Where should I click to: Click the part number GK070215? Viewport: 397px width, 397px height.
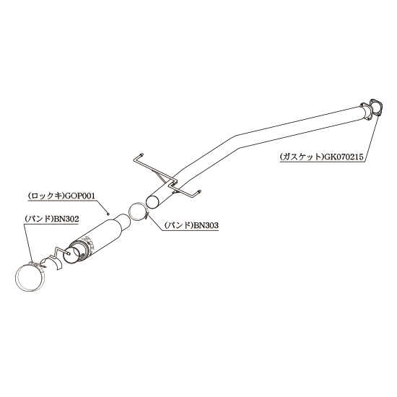pyautogui.click(x=344, y=157)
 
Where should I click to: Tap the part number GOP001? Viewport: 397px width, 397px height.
pyautogui.click(x=80, y=196)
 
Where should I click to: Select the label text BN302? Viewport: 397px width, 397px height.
pyautogui.click(x=66, y=219)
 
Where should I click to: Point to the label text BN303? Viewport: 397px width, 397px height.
pyautogui.click(x=206, y=225)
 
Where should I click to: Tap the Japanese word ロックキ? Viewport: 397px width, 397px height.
pyautogui.click(x=46, y=196)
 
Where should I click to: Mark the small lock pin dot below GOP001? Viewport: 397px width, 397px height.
pyautogui.click(x=108, y=214)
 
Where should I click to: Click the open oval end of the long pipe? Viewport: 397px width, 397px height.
pyautogui.click(x=153, y=202)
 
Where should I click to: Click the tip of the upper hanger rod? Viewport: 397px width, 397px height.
pyautogui.click(x=141, y=154)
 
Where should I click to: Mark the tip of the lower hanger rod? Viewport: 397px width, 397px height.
pyautogui.click(x=199, y=191)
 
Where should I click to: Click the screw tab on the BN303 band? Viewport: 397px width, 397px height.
pyautogui.click(x=147, y=217)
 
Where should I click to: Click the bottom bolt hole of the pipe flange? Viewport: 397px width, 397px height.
pyautogui.click(x=366, y=118)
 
